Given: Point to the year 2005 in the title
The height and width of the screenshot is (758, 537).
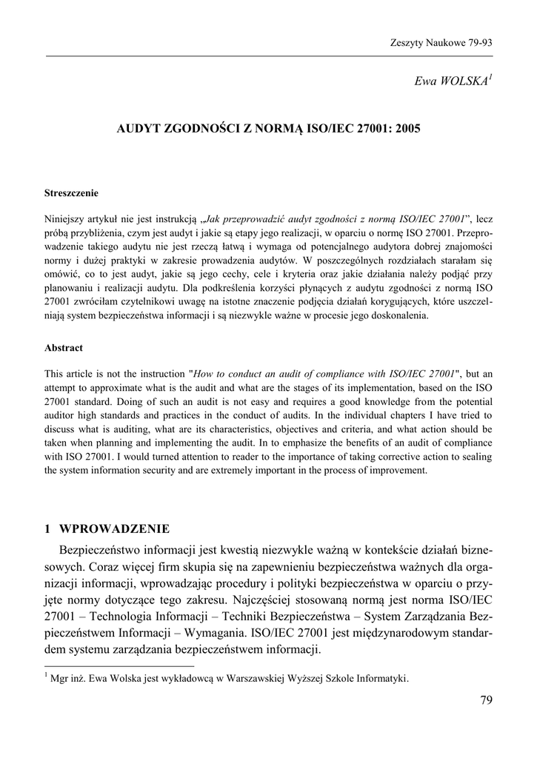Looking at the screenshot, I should [407, 129].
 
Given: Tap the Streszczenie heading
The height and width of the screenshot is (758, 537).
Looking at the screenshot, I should [71, 193].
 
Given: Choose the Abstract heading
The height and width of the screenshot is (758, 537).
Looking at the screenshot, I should [64, 348].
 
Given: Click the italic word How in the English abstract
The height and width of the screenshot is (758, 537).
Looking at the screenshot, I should [206, 374].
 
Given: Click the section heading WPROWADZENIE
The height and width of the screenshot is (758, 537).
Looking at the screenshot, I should [114, 529].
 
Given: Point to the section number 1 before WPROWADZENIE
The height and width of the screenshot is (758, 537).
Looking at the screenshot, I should [48, 529].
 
